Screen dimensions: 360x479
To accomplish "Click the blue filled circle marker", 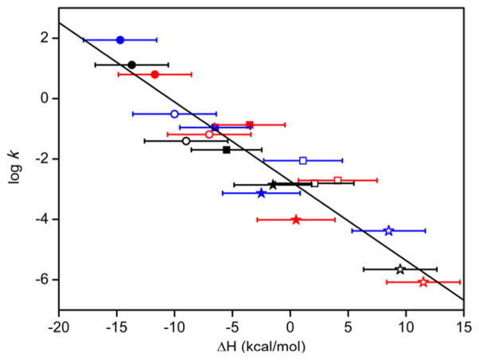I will (120, 40).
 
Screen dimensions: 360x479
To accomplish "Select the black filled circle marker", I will (132, 65).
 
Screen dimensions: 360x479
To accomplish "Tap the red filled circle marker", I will (154, 74).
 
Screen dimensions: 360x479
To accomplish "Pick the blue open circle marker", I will (174, 114).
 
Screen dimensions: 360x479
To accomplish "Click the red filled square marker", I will (250, 125).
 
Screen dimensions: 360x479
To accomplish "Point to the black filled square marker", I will (227, 150).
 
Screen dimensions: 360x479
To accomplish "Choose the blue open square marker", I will (303, 161).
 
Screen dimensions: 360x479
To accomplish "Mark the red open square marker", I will (337, 181).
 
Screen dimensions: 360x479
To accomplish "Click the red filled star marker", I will (296, 219).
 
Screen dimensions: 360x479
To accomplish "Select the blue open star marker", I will (388, 231).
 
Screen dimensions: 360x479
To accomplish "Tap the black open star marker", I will (400, 269).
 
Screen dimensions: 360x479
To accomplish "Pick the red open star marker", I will (423, 282).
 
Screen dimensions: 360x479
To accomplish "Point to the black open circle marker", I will (186, 141).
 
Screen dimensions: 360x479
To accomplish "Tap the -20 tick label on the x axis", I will (58, 327).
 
